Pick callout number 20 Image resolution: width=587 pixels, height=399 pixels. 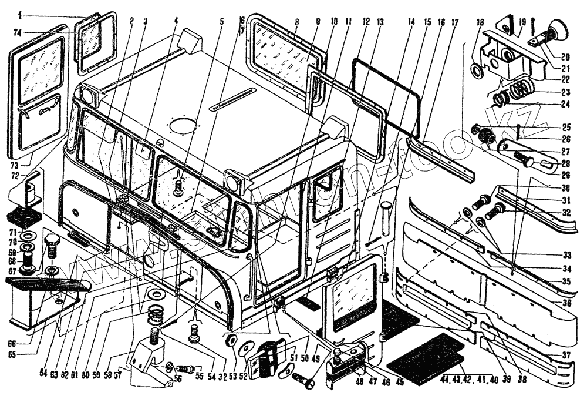[566, 57]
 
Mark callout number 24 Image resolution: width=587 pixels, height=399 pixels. [566, 106]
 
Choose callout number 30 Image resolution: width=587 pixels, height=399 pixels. [566, 189]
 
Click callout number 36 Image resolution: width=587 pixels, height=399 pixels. [566, 303]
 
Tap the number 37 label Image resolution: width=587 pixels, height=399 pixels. [566, 355]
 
